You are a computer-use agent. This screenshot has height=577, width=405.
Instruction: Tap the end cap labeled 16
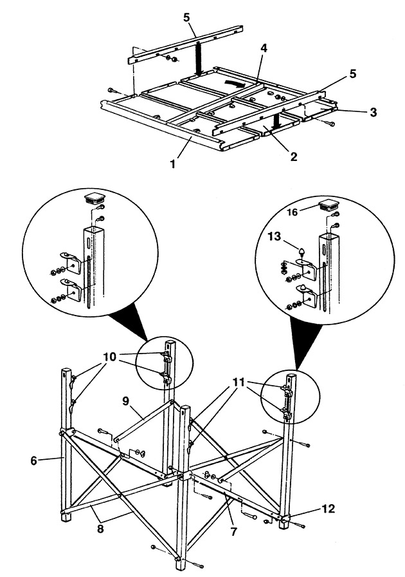(x=328, y=206)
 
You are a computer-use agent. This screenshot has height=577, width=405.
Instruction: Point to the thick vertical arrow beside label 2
(x=277, y=120)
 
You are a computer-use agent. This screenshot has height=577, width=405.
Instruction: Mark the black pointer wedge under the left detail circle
(x=129, y=322)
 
